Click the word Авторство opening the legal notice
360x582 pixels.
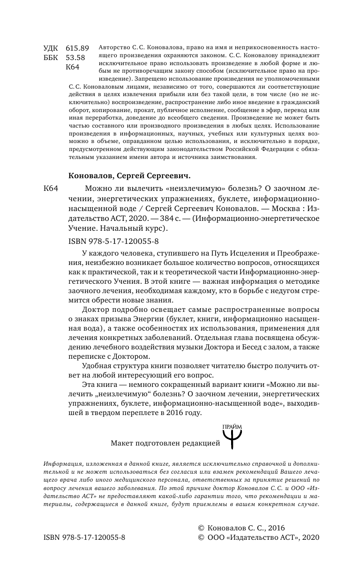(x=115, y=48)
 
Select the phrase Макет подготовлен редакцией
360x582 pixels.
(x=165, y=442)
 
